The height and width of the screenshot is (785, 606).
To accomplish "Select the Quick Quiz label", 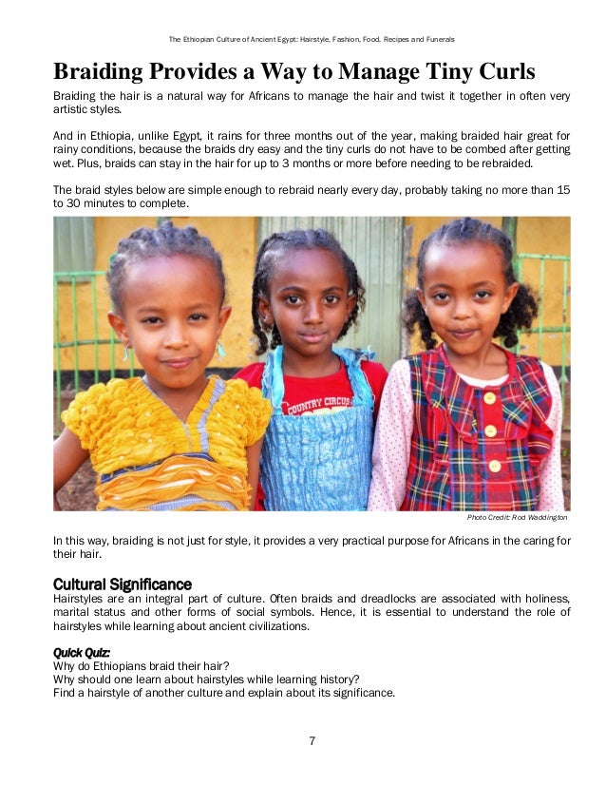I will [82, 653].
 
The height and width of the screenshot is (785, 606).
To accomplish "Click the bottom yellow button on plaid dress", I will [494, 465].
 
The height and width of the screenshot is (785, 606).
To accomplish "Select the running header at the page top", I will [312, 40].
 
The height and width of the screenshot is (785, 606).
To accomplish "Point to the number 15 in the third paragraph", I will [562, 189].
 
